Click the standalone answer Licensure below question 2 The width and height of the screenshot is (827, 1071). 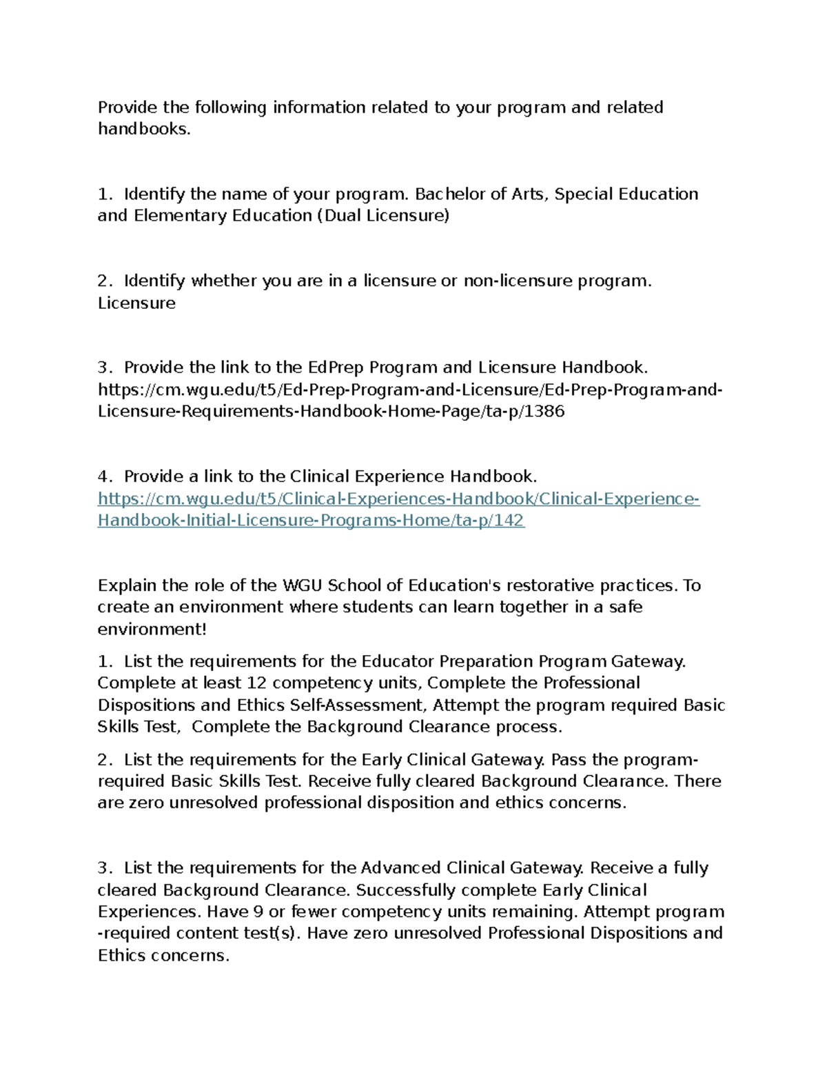pos(136,303)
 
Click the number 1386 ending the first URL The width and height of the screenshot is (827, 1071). pos(544,412)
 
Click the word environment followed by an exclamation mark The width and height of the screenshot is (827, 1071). pos(149,630)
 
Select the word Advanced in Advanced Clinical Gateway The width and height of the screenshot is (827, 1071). pos(400,868)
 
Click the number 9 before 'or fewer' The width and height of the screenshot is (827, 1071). pos(258,912)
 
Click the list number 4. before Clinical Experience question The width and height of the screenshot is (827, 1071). pos(105,477)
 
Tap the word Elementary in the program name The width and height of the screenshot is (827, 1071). pos(180,216)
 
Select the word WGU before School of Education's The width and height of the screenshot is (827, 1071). pos(303,585)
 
